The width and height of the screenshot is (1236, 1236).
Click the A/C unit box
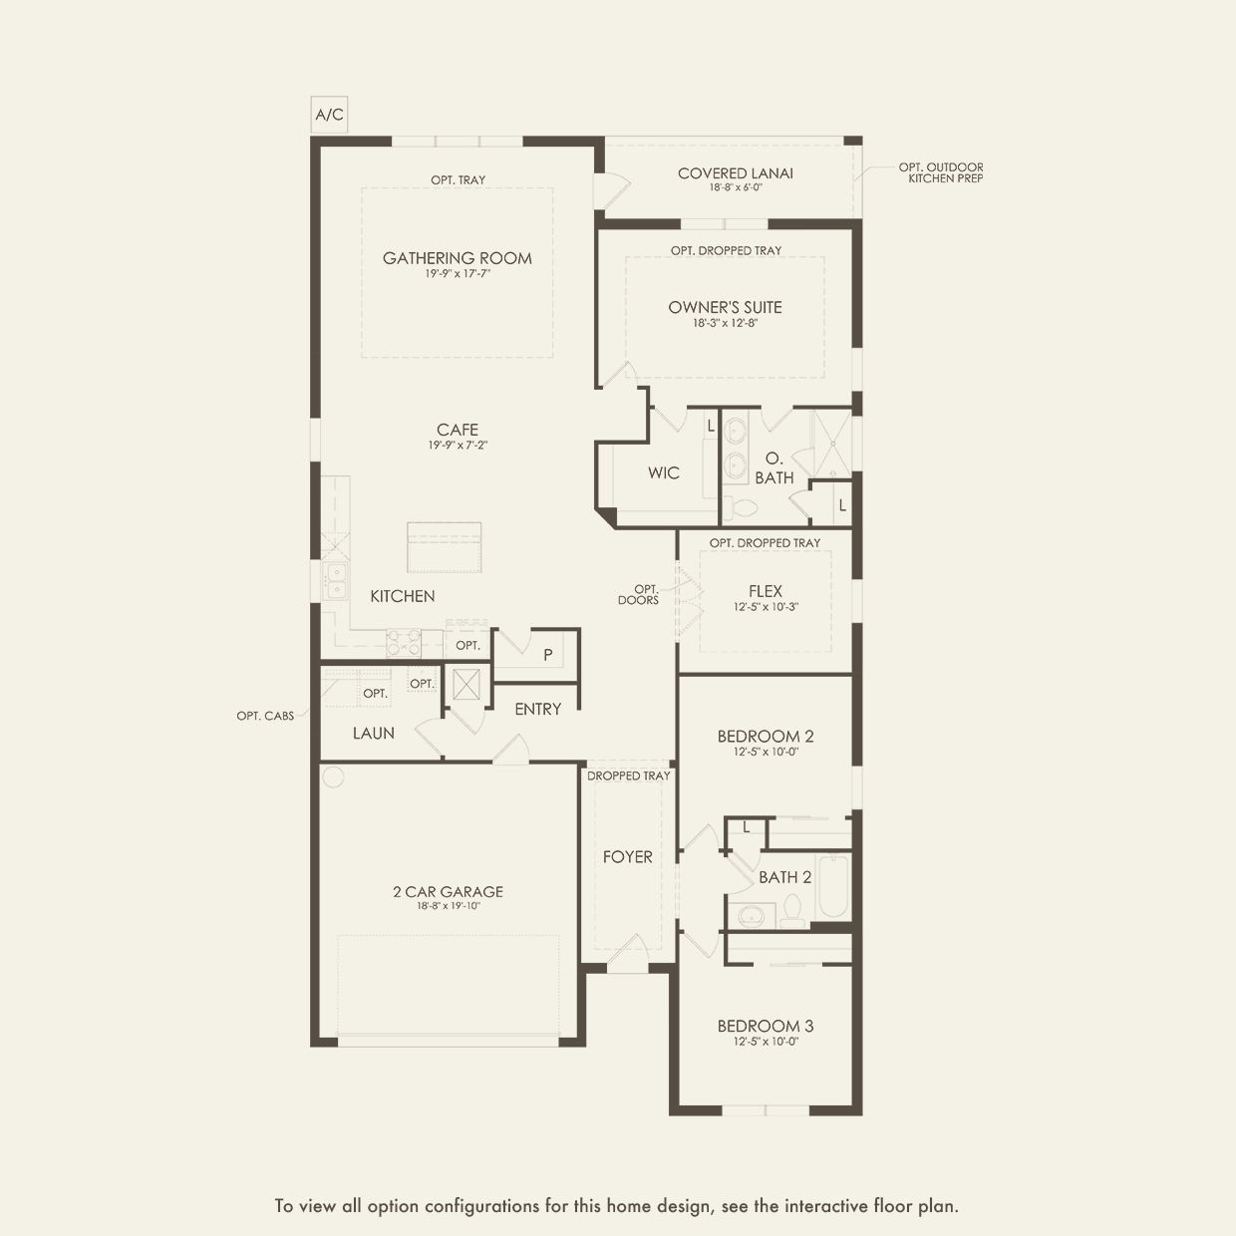[329, 115]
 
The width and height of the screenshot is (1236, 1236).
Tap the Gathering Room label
[458, 258]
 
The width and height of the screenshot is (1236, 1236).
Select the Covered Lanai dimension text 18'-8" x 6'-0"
[736, 187]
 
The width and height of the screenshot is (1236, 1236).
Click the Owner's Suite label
[725, 307]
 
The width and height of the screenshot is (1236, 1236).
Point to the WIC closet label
[664, 472]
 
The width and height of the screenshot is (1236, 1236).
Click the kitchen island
[445, 546]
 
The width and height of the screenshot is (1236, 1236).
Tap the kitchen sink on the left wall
[335, 580]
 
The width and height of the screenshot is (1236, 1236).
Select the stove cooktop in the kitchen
[404, 642]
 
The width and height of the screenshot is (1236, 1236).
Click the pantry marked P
[547, 655]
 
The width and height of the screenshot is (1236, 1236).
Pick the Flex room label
[766, 591]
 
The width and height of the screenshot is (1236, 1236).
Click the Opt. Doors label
[639, 594]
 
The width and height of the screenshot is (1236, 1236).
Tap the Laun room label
[374, 733]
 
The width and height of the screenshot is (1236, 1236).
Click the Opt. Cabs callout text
[265, 716]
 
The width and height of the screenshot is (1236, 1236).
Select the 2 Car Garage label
[448, 892]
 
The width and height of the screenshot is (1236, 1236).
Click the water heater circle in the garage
[333, 776]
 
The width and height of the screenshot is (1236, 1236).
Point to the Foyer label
[628, 856]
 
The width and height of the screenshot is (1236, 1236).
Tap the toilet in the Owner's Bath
[740, 507]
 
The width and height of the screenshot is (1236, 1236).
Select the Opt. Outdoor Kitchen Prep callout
[941, 172]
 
